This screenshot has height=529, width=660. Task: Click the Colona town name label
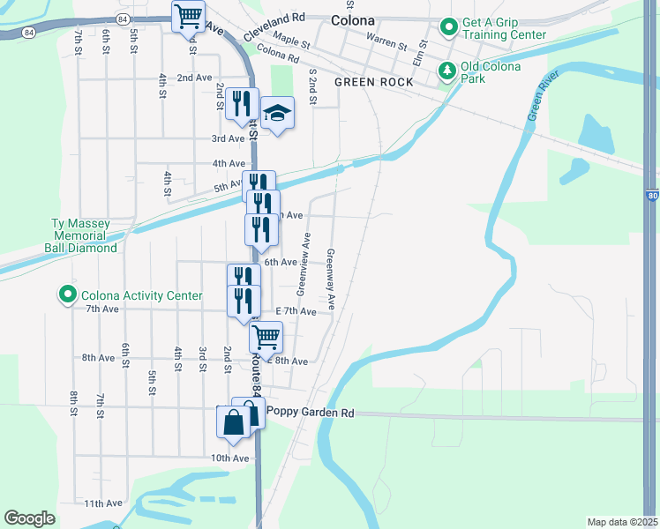point(352,19)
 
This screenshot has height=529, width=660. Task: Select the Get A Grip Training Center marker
point(448,27)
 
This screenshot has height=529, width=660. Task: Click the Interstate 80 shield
point(651,196)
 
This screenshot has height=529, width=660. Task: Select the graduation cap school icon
point(277,112)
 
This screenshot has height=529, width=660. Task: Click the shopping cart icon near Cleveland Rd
point(188,15)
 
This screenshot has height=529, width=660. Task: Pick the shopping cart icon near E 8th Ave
point(266,336)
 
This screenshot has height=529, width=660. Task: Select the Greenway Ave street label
point(331,278)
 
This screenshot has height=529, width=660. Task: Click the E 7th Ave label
point(296,311)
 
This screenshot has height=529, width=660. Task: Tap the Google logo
point(29,518)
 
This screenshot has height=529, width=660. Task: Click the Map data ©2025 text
point(622,522)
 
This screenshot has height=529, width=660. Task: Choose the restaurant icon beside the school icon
point(241,103)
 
